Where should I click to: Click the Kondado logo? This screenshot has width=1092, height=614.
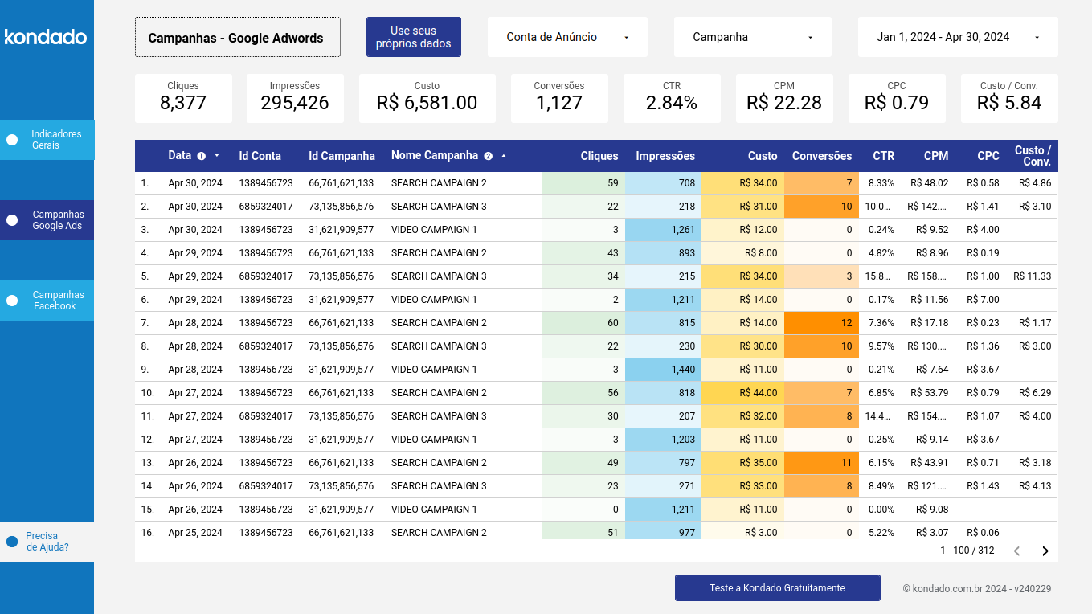click(x=46, y=37)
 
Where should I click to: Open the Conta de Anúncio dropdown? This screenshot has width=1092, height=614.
click(x=566, y=37)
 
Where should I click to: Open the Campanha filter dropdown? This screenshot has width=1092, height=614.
click(x=752, y=37)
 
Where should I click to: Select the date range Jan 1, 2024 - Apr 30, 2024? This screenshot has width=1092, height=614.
click(x=957, y=37)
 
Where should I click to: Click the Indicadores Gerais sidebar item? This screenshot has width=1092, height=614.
click(x=47, y=140)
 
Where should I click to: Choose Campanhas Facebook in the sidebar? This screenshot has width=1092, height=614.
click(x=47, y=301)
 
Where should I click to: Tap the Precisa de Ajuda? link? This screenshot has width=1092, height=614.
click(x=47, y=542)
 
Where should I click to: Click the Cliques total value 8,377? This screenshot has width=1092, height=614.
click(x=183, y=103)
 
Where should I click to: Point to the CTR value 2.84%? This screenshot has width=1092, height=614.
click(x=671, y=103)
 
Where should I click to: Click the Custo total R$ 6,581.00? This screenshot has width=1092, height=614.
click(x=427, y=103)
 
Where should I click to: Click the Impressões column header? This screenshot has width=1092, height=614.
click(x=665, y=156)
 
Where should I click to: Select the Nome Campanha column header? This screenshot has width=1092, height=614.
click(x=435, y=156)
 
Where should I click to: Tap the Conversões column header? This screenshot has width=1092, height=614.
click(x=821, y=156)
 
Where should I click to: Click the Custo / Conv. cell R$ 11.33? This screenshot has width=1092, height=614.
click(x=1033, y=276)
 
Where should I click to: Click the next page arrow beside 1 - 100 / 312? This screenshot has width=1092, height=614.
click(x=1045, y=551)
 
